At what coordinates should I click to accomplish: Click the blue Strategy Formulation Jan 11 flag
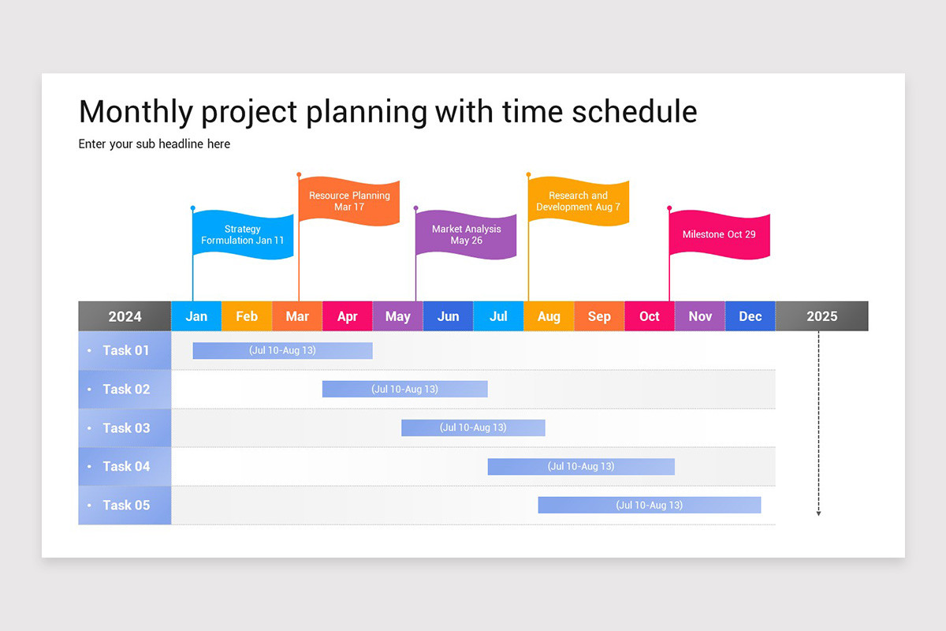(244, 235)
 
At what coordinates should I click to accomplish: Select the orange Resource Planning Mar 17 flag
(349, 201)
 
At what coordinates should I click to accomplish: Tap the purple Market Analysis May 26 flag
(466, 234)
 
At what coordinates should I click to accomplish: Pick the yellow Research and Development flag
(579, 201)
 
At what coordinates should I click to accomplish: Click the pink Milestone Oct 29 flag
(719, 234)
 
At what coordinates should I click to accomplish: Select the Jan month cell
(196, 316)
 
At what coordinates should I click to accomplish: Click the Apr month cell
(348, 316)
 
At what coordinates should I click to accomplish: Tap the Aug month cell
(549, 316)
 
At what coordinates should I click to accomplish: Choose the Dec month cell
(750, 316)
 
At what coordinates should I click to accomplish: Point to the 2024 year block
(125, 316)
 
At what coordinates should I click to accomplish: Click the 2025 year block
(821, 316)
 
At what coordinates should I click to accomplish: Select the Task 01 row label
(125, 350)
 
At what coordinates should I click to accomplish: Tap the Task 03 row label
(125, 428)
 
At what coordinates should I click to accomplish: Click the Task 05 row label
(125, 505)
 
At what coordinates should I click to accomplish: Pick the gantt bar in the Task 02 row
(404, 389)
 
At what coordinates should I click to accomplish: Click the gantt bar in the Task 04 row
(581, 466)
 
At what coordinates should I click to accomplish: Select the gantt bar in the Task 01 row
(282, 350)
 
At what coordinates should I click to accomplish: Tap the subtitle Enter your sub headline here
(155, 144)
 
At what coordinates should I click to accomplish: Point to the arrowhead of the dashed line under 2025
(818, 513)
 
